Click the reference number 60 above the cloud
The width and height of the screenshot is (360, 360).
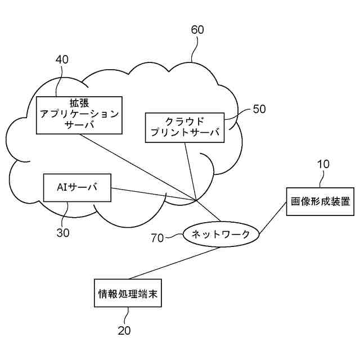tap(198, 30)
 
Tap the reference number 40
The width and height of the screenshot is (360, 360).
tap(62, 59)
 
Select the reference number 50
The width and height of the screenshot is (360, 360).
tap(259, 109)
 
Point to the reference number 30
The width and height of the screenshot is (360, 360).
tap(63, 232)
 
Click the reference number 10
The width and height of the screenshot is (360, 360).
tap(323, 164)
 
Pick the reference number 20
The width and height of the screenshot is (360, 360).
tap(124, 330)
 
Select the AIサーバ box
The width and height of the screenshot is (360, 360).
tap(76, 188)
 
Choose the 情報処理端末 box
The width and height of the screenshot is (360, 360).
tap(128, 292)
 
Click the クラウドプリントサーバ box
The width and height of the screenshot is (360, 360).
tap(184, 128)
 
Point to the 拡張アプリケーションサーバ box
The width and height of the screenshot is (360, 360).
tap(79, 114)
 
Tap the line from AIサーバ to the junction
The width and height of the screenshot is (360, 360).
tap(152, 194)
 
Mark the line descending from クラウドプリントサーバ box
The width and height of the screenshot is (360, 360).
tap(190, 172)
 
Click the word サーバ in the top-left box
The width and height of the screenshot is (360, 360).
tap(79, 125)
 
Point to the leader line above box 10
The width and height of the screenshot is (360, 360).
tap(322, 179)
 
